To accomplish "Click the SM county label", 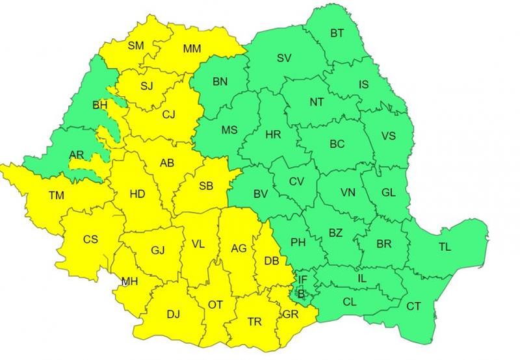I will (136, 45).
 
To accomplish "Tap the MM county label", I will (192, 48).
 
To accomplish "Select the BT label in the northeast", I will (337, 33).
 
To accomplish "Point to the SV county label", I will (283, 58).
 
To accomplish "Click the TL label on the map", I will (445, 246).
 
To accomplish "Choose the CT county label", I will (413, 305).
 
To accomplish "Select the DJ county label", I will (173, 315).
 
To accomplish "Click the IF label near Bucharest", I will (302, 279).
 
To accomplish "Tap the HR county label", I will (273, 135).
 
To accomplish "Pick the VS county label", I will (389, 136).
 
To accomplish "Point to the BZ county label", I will (335, 233).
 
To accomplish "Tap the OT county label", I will (215, 303).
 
